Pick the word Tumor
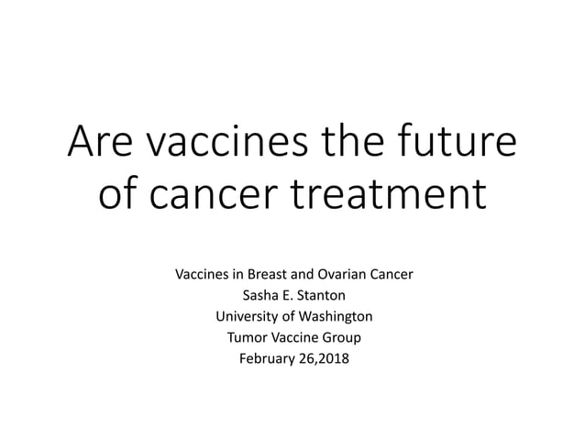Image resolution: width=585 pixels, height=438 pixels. click(246, 336)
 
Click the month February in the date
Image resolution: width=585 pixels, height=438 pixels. click(268, 357)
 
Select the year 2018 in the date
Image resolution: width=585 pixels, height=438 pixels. click(334, 357)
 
